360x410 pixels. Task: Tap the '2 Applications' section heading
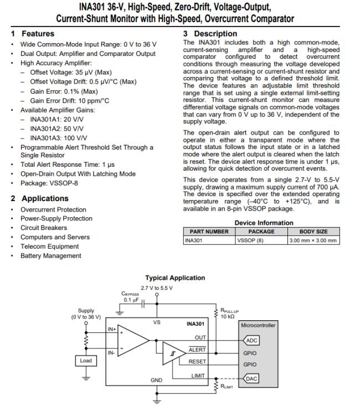pos(39,198)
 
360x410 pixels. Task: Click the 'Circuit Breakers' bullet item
pos(44,228)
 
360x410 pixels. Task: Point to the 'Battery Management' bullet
pos(50,255)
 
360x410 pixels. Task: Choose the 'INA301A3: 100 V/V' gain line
pos(58,138)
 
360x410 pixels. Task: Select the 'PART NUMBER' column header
pos(209,232)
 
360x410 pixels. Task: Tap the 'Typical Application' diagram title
pos(175,278)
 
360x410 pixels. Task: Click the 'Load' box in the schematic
pos(86,361)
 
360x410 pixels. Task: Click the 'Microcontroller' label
pos(258,325)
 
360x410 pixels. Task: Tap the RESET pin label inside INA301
pos(197,361)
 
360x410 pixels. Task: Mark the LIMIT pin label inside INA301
pos(199,375)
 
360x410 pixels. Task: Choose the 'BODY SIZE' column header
pos(313,232)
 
